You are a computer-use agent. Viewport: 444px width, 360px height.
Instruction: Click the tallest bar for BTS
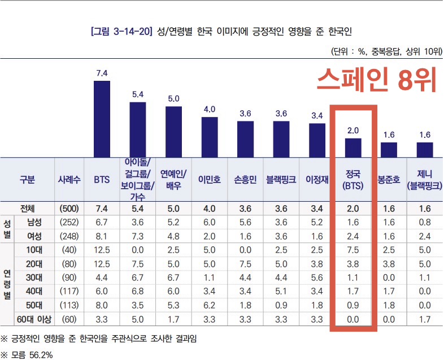(102, 119)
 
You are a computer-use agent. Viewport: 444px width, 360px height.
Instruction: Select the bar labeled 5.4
(138, 129)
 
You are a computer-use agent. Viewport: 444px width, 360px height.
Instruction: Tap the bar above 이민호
(210, 137)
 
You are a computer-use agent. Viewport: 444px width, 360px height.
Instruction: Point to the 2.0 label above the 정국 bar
(353, 131)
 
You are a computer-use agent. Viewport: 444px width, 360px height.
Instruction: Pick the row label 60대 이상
(35, 319)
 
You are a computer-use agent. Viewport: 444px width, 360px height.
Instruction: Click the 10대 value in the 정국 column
(352, 249)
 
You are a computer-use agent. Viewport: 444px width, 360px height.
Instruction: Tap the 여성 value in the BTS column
(102, 235)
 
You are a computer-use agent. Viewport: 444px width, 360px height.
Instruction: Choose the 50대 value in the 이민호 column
(210, 305)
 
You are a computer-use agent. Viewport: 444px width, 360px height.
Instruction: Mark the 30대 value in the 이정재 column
(317, 277)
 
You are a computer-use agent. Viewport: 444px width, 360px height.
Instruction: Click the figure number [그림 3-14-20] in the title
(121, 31)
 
